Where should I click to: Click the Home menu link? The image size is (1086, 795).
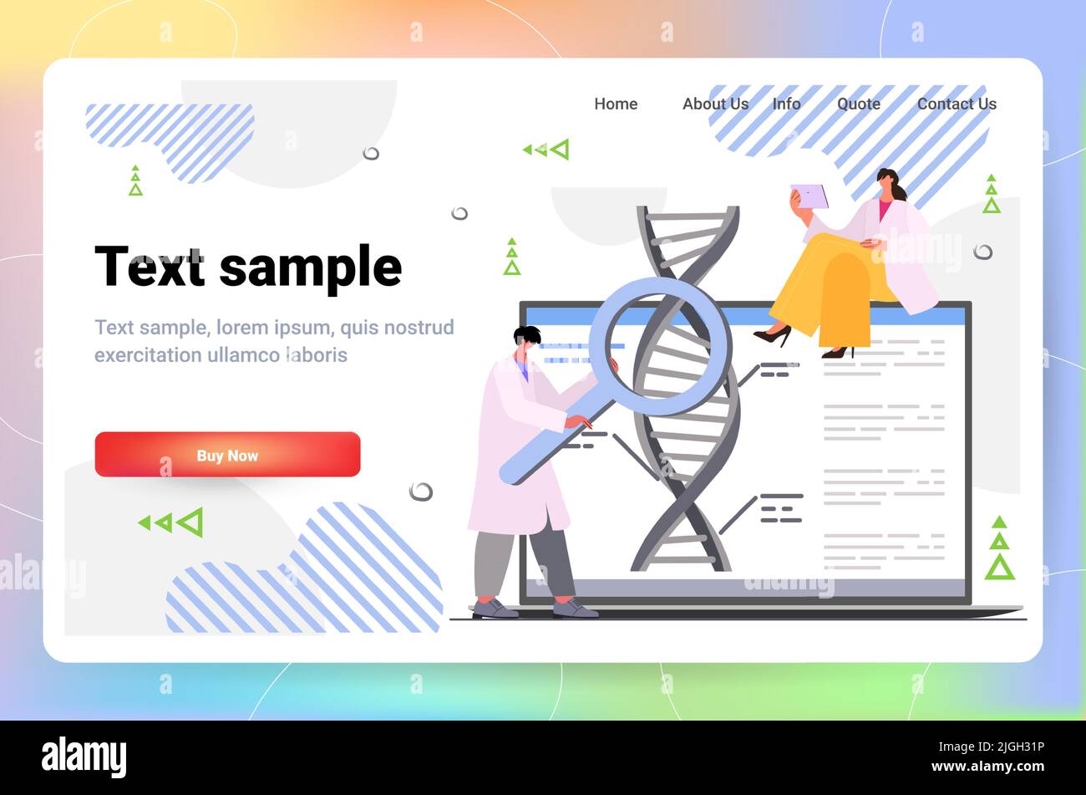[616, 104]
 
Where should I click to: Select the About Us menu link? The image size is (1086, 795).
[715, 104]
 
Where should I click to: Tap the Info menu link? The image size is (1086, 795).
[786, 104]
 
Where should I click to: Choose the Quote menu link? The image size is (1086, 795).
[859, 104]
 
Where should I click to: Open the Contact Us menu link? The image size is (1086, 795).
[957, 104]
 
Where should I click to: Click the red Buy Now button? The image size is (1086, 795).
[227, 455]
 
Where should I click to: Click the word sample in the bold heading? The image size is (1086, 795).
[311, 268]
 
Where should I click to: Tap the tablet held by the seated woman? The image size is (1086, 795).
[809, 196]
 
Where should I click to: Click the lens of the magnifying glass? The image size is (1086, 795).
[661, 346]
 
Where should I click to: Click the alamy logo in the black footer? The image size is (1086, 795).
[84, 757]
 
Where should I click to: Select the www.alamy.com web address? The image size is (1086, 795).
[987, 767]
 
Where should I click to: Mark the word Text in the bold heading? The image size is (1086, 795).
[150, 268]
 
